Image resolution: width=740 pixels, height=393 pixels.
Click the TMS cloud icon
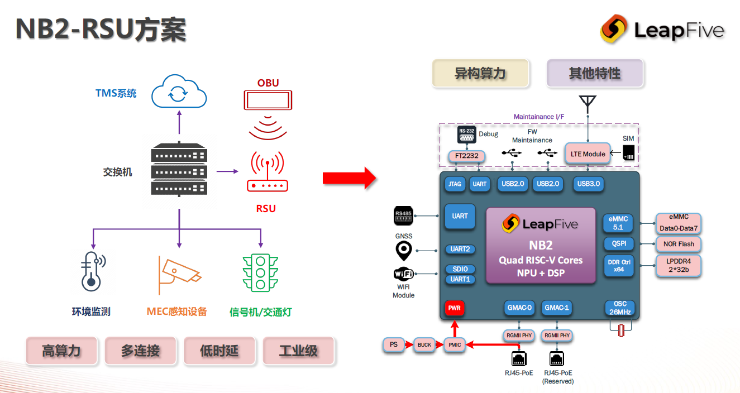point(179,92)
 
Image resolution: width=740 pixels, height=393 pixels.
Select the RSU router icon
point(267,174)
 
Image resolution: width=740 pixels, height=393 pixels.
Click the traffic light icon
point(260,272)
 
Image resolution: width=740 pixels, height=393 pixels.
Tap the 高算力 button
point(61,351)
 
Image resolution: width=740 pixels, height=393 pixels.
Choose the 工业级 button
point(298,351)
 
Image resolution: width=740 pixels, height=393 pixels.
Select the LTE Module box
point(588,154)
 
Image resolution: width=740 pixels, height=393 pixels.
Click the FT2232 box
point(466,156)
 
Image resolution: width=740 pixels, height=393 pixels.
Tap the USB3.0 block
point(589,183)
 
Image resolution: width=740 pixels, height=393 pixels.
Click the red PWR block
point(455,308)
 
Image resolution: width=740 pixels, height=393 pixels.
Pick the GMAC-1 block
point(557,308)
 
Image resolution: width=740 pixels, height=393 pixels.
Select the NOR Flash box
point(679,244)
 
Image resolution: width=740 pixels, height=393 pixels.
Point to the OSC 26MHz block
point(620,308)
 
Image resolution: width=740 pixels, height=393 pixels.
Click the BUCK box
point(424,345)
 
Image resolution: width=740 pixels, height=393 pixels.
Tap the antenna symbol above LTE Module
point(587,104)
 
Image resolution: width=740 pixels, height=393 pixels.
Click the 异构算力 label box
point(480,74)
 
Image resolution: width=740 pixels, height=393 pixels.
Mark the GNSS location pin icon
point(403,251)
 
